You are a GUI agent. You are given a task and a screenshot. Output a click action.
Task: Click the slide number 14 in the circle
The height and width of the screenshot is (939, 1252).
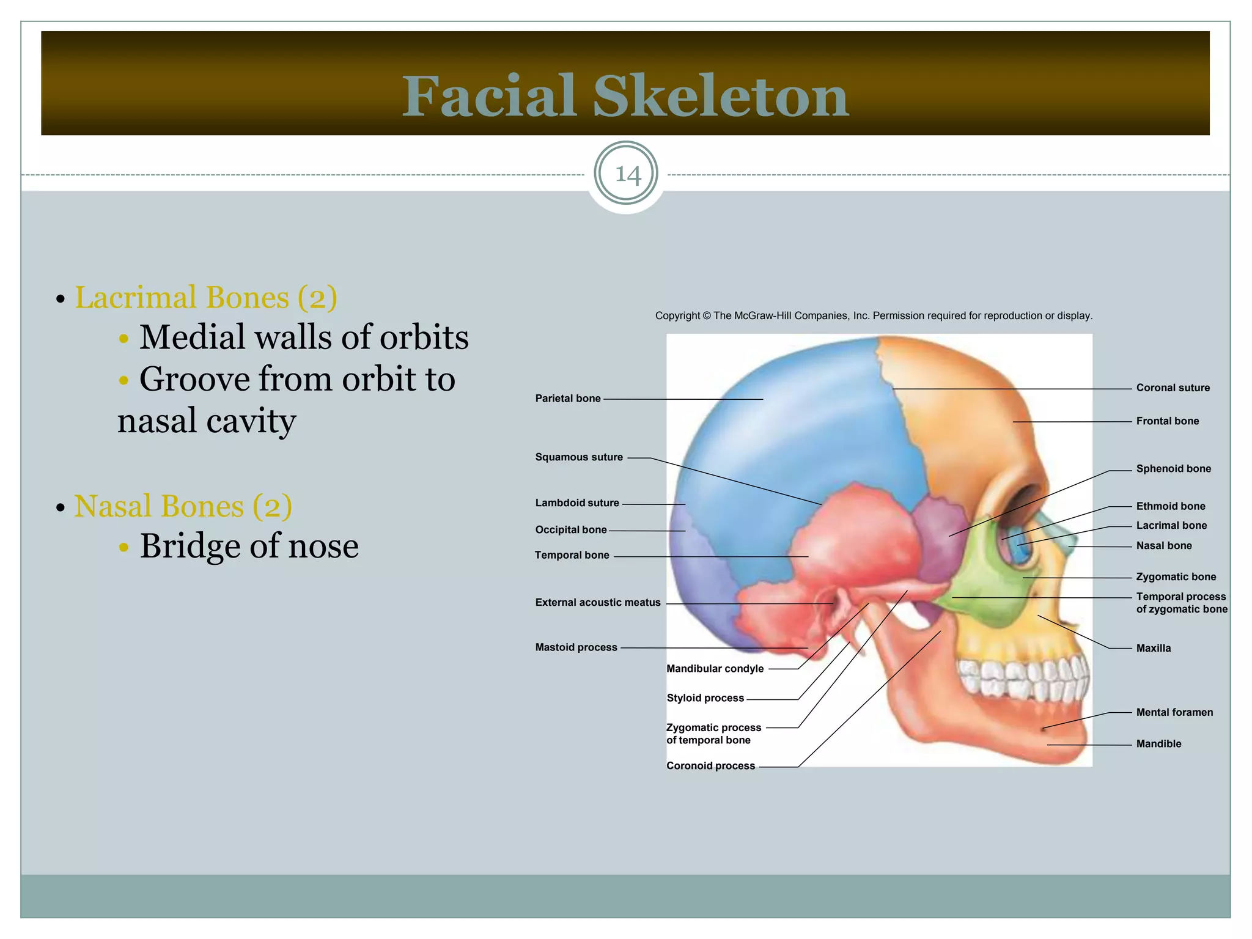pos(627,175)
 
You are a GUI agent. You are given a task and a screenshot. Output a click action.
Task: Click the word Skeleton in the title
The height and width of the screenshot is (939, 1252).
pos(721,97)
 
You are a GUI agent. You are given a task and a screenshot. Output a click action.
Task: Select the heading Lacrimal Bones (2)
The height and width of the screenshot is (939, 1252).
pos(205,298)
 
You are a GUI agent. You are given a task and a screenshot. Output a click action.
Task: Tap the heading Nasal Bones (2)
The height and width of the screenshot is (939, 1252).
pos(183,506)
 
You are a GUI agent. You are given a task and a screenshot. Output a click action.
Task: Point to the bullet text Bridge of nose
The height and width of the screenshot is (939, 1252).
pos(249,546)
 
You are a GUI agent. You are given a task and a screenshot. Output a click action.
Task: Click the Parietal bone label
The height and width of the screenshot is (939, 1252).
pos(568,399)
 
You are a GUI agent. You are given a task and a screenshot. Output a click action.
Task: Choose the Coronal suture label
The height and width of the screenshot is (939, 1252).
pos(1173,388)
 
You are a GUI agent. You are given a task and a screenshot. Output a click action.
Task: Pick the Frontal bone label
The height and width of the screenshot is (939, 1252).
pos(1167,421)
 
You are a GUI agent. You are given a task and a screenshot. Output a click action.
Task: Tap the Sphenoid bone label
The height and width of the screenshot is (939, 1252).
pos(1173,469)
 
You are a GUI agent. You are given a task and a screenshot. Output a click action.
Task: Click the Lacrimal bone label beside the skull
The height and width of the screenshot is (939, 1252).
pos(1171,525)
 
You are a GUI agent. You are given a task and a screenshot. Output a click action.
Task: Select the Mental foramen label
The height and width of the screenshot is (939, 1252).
pos(1174,712)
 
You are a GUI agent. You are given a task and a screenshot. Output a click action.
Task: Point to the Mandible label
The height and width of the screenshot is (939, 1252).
pos(1158,744)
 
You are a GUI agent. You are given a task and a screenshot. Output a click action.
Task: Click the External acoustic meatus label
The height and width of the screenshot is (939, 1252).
pos(598,603)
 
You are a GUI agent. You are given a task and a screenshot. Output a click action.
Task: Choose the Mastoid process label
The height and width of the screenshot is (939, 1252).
pos(576,647)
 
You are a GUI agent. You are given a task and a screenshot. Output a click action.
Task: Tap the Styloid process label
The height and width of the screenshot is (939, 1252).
pos(705,698)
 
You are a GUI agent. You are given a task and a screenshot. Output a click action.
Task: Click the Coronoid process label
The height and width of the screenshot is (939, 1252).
pos(710,766)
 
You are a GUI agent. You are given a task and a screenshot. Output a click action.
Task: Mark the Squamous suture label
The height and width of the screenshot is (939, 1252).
pos(579,457)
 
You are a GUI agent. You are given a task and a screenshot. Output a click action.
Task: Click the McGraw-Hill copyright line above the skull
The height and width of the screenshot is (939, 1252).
pos(874,316)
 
